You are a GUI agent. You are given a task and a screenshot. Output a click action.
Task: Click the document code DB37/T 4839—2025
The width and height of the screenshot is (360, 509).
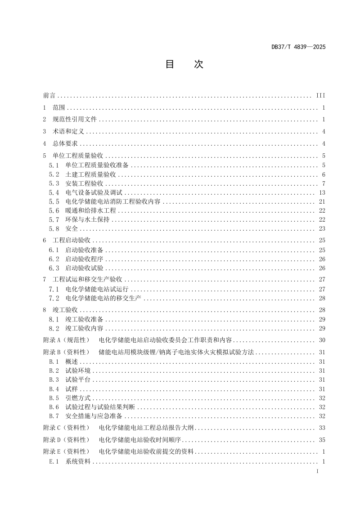click(x=298, y=47)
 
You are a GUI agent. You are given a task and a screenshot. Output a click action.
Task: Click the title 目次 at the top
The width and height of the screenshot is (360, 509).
click(x=184, y=64)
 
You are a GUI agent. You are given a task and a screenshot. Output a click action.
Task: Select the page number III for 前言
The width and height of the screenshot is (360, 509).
click(x=320, y=96)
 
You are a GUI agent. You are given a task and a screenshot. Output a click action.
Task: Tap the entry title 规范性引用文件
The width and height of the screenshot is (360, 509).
click(x=75, y=120)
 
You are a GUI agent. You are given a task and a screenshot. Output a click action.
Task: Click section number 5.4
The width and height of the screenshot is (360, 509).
click(x=54, y=192)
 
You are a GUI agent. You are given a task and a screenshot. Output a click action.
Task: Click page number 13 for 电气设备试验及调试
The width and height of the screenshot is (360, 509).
click(x=322, y=192)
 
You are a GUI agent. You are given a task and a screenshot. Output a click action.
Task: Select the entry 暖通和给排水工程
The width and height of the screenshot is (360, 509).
click(x=90, y=210)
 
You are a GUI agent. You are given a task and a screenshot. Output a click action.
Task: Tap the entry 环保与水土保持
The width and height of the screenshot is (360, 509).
click(x=87, y=219)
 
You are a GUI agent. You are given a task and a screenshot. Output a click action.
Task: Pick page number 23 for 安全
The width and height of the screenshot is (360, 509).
click(x=322, y=228)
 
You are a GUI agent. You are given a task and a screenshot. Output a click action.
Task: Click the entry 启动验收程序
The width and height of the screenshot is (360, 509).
click(x=84, y=259)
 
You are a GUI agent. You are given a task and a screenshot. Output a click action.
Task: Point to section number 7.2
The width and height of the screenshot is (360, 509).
click(x=54, y=298)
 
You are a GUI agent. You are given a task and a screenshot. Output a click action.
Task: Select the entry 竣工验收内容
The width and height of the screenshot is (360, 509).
click(x=84, y=328)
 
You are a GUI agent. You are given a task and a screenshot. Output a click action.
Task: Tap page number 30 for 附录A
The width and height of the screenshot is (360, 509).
click(x=322, y=340)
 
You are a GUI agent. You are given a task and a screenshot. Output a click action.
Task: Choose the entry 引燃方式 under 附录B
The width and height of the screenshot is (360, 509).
click(x=78, y=398)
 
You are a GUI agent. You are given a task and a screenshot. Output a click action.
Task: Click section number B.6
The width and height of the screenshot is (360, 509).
click(x=54, y=407)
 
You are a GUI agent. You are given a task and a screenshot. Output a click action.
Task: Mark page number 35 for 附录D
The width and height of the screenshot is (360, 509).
click(x=322, y=439)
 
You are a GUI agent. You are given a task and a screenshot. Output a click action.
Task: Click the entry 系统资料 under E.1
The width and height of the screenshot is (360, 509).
click(x=78, y=461)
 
